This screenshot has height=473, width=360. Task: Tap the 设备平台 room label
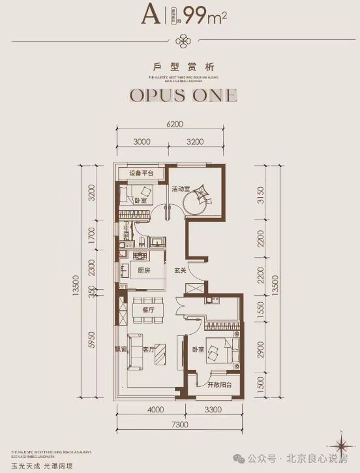tap(141, 174)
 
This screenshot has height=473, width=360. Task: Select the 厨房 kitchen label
tap(145, 271)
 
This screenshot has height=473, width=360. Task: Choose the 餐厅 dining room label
tap(147, 311)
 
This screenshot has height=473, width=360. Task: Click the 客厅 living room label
tap(148, 350)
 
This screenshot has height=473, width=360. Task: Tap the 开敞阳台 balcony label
tap(215, 386)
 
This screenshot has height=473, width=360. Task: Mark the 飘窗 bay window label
tap(121, 350)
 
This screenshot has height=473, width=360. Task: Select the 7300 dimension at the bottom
tap(179, 425)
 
